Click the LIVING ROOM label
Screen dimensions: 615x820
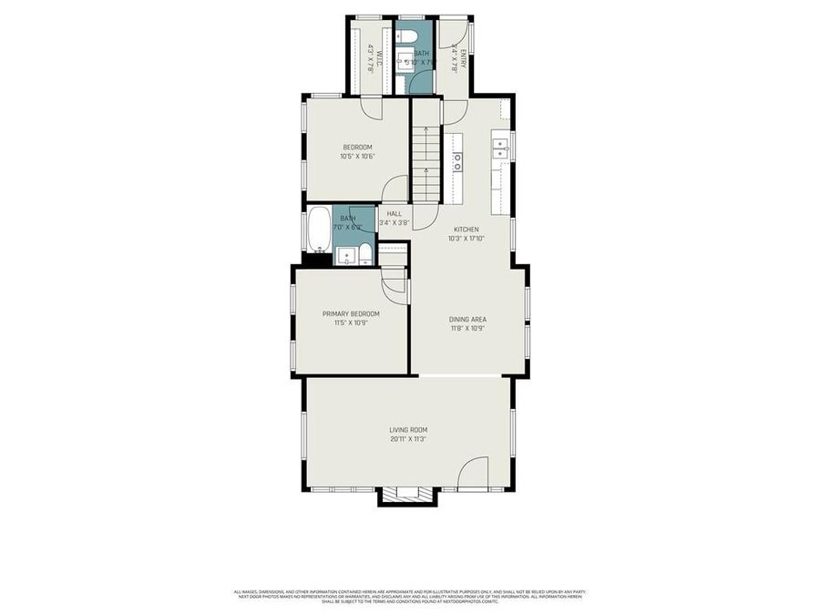[x=408, y=430]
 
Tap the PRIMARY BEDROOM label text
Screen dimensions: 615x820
[x=351, y=313]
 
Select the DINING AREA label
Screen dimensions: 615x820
[x=467, y=320]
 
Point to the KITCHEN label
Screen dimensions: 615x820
[x=466, y=230]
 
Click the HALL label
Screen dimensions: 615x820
[x=394, y=214]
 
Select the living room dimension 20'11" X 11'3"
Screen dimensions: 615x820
[x=408, y=439]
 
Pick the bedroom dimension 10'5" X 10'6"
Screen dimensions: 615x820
[x=357, y=157]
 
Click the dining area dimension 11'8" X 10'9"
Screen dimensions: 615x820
[x=467, y=329]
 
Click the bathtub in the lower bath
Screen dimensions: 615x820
[x=319, y=231]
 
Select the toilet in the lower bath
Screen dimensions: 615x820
[x=364, y=254]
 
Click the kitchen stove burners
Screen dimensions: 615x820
[x=456, y=162]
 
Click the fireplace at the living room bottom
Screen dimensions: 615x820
[x=407, y=495]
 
